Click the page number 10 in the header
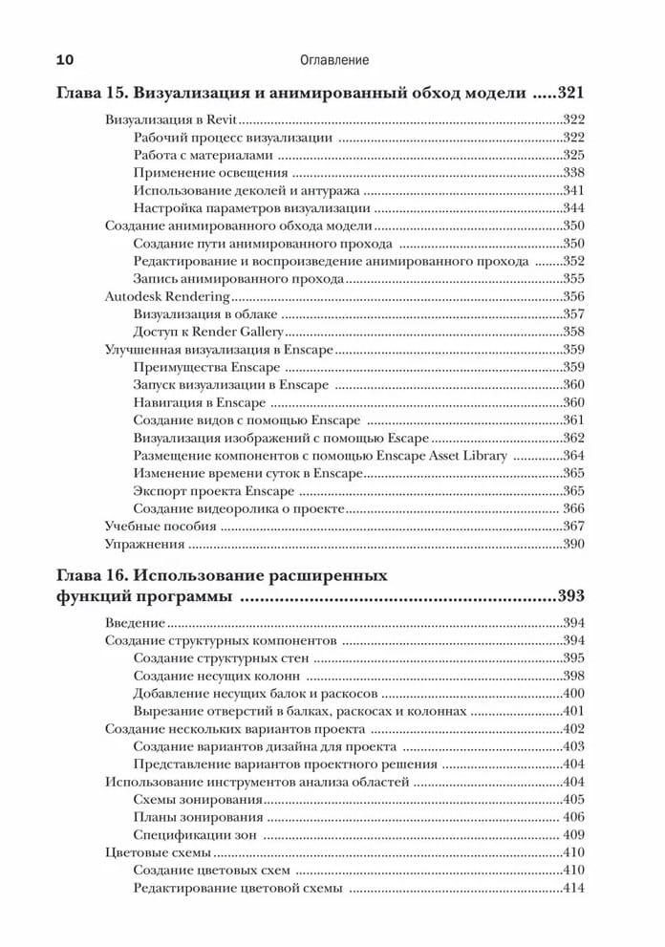click(x=65, y=60)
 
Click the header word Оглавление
click(x=333, y=60)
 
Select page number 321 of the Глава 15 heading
click(x=564, y=94)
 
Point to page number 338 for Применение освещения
click(x=573, y=173)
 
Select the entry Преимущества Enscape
click(x=200, y=367)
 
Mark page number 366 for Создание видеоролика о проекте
click(x=573, y=508)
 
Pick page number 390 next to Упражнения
click(x=573, y=544)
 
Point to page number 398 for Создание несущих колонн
click(x=573, y=676)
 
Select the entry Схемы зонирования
click(x=198, y=799)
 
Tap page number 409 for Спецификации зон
click(x=573, y=834)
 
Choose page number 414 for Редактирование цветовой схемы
click(x=573, y=888)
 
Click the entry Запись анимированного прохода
click(x=238, y=279)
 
